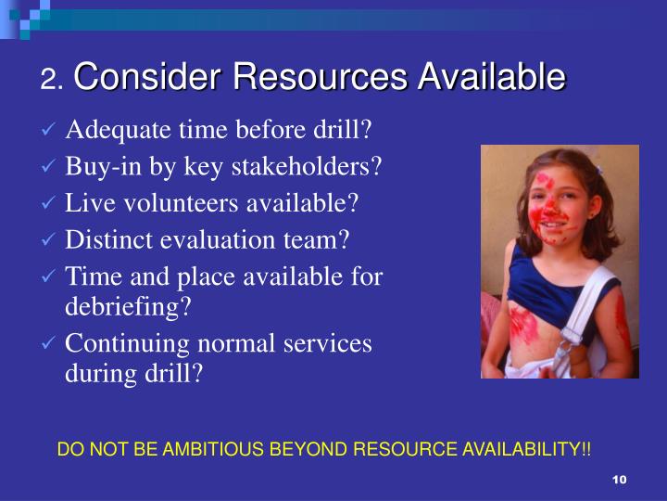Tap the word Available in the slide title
coord(490,77)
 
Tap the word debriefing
coord(128,307)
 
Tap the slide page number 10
coord(620,479)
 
